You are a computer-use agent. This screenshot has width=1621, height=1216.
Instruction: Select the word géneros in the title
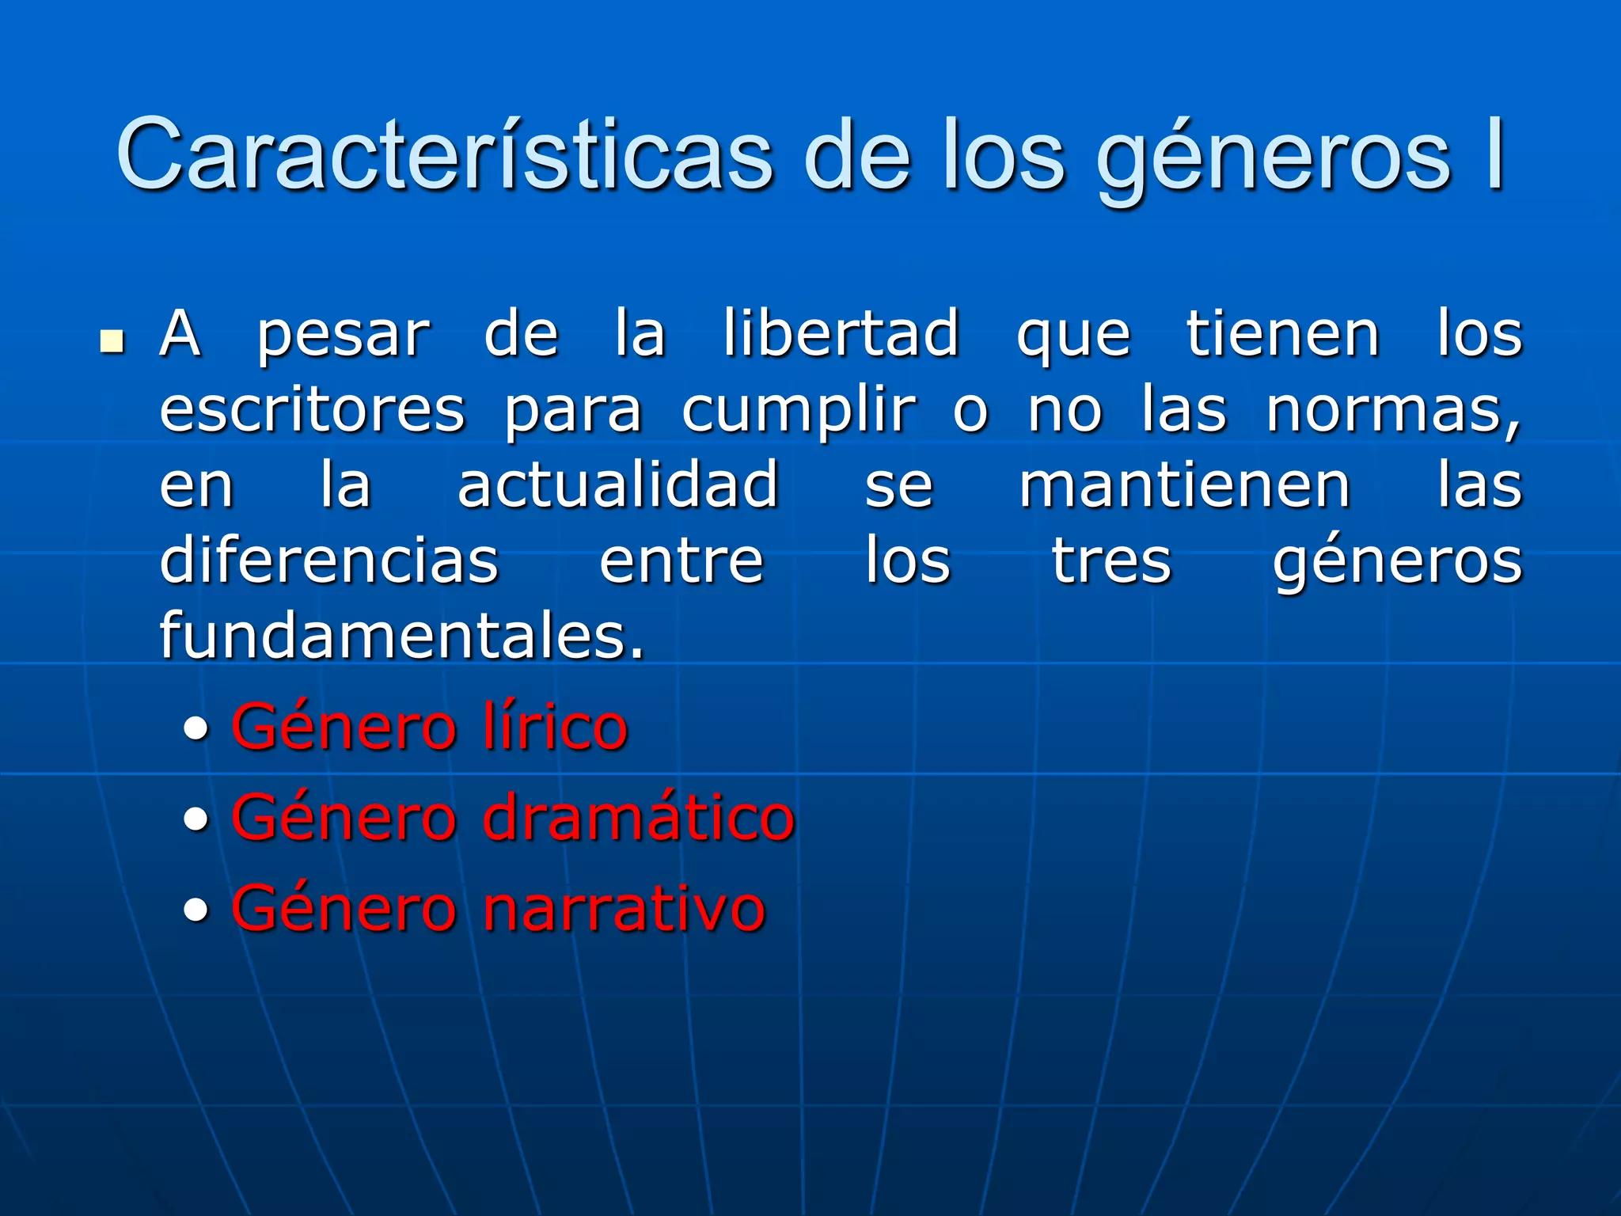click(x=1274, y=158)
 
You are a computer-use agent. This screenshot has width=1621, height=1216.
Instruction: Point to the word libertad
click(x=841, y=333)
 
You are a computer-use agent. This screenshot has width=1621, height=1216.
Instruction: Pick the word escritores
click(x=313, y=409)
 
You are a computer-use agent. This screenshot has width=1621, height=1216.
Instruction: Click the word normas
click(x=1391, y=411)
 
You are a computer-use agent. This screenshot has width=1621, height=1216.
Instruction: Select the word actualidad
click(x=618, y=484)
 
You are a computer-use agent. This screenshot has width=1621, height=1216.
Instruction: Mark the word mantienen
click(x=1184, y=484)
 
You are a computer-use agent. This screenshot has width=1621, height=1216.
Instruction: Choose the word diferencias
click(x=329, y=560)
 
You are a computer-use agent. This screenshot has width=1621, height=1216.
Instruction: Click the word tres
click(x=1111, y=561)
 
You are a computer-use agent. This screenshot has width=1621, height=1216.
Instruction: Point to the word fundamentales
click(x=401, y=635)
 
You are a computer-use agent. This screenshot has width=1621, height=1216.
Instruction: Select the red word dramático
click(x=638, y=816)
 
